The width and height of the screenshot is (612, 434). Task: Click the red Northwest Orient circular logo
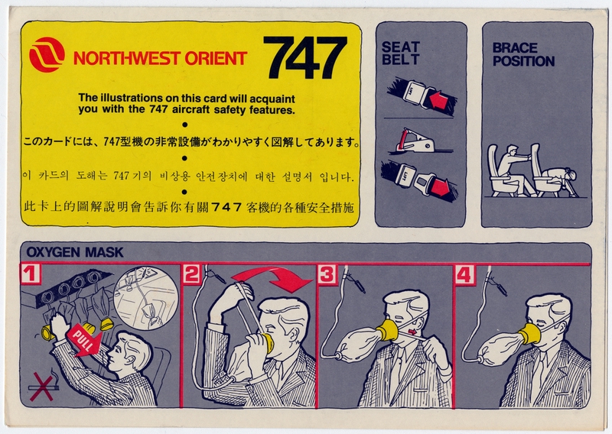[47, 55]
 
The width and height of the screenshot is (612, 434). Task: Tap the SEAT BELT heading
[401, 53]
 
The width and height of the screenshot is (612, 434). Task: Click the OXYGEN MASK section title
[70, 251]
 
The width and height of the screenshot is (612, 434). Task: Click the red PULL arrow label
[80, 337]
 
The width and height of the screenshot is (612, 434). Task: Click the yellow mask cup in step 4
[528, 334]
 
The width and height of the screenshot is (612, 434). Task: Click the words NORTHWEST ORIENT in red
[160, 58]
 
